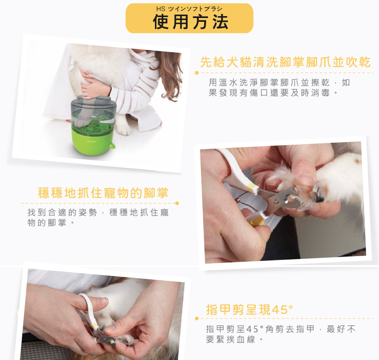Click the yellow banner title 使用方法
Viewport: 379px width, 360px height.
(x=190, y=22)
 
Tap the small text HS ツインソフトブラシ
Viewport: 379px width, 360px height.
(x=189, y=9)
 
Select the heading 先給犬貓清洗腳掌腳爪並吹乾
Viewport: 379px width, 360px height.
(x=285, y=62)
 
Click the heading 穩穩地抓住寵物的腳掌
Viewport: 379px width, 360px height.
(x=103, y=193)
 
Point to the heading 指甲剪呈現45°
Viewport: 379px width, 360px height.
(x=250, y=310)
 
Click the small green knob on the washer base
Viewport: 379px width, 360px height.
(x=112, y=146)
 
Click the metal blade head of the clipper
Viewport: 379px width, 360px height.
(x=284, y=199)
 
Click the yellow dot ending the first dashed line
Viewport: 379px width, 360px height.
(x=197, y=73)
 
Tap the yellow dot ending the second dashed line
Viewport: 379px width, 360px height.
(x=177, y=203)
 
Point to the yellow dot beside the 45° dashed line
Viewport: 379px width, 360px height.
(x=197, y=319)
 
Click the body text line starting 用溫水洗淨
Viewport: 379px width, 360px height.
(x=279, y=83)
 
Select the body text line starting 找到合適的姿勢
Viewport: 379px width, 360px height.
(x=98, y=212)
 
